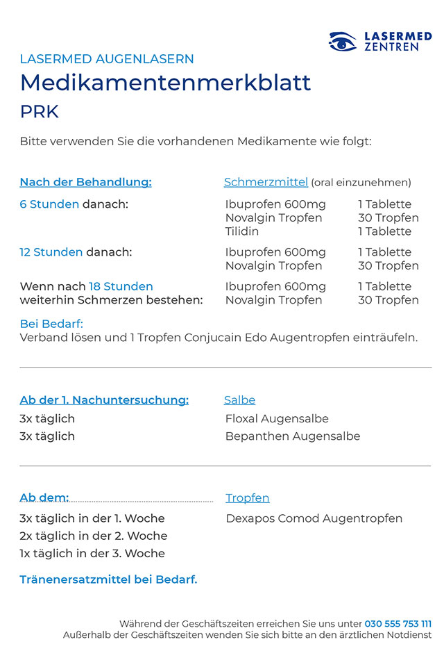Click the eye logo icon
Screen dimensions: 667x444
coord(342,42)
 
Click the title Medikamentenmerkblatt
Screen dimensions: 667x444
coord(165,83)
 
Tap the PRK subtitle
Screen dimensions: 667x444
coord(40,112)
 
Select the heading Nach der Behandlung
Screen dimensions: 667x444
coord(85,182)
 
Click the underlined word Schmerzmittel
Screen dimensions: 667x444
coord(266,182)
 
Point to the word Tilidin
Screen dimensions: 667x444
coord(242,231)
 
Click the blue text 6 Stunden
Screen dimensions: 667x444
coord(49,204)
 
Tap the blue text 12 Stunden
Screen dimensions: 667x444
coord(51,252)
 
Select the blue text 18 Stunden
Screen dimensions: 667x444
coord(121,286)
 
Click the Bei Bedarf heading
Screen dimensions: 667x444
coord(51,324)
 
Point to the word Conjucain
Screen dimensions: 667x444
coord(214,338)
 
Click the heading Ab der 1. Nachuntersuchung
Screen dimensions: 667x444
coord(104,400)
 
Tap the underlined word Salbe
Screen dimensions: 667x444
coord(239,400)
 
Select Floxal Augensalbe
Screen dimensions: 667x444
coord(277,419)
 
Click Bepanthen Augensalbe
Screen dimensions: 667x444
coord(293,436)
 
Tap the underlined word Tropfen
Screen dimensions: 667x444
coord(248,498)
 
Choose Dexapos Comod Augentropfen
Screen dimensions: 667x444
coord(314,518)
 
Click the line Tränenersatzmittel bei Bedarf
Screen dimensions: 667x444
coord(108,579)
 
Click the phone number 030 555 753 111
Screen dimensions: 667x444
coord(398,624)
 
